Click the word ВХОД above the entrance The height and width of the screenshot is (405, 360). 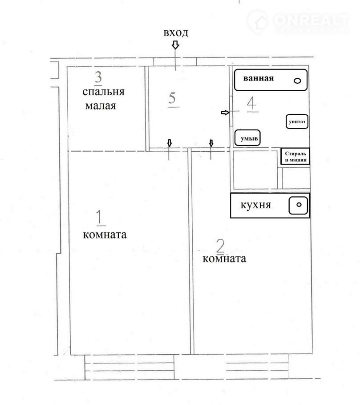176,33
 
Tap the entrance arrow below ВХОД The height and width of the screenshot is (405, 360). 176,45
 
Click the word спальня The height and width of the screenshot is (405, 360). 103,92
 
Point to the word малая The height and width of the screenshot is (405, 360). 101,106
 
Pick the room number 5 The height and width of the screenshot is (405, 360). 172,98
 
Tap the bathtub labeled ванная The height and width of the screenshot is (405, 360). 271,80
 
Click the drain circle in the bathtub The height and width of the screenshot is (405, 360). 298,81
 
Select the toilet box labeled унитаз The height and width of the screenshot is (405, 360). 297,121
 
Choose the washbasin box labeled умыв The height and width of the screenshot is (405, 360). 247,138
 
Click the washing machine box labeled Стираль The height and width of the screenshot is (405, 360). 295,156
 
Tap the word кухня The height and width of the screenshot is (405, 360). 256,205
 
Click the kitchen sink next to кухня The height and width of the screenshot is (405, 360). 298,205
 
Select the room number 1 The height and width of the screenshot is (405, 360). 100,217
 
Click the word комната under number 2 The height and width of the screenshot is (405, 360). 224,259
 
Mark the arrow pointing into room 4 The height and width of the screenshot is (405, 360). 225,112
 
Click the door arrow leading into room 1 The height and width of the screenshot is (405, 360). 170,143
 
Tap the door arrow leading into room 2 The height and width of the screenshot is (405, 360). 211,143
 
